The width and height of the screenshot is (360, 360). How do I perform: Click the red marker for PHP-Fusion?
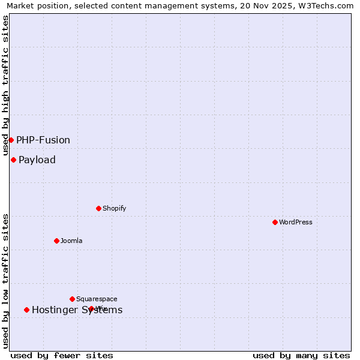[11, 140]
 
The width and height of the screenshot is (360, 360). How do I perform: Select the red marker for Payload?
[13, 160]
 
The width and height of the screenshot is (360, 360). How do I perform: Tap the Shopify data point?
[98, 208]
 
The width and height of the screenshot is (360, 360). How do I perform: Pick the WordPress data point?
[275, 222]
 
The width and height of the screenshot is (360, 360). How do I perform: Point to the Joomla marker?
[56, 241]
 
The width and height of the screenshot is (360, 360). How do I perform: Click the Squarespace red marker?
[72, 299]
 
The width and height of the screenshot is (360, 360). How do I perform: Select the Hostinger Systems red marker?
[26, 310]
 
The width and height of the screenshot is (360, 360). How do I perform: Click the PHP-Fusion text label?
[43, 140]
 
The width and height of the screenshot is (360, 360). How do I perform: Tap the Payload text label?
[37, 160]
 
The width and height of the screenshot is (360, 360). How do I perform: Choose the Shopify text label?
[114, 208]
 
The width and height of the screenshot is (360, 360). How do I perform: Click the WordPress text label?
[296, 222]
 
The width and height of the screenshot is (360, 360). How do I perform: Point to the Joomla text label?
[71, 241]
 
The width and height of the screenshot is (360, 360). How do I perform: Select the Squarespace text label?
[97, 299]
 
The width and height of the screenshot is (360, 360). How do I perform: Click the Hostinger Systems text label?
[77, 310]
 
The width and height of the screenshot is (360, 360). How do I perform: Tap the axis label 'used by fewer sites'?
[62, 355]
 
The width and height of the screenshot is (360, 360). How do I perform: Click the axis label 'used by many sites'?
[301, 355]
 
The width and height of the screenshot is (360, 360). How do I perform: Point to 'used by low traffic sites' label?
[5, 281]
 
